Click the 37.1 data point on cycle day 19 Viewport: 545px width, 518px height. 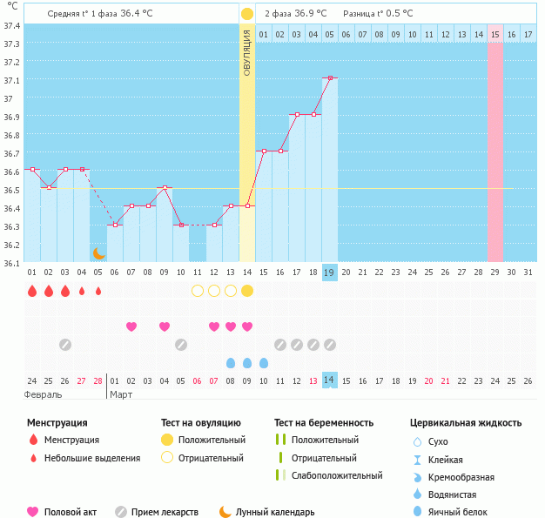330,78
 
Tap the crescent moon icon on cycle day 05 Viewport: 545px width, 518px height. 99,253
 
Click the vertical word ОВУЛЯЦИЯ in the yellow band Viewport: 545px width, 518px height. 247,51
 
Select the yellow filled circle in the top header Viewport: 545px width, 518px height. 247,14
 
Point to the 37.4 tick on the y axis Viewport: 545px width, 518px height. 11,25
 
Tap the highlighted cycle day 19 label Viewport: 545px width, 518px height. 330,272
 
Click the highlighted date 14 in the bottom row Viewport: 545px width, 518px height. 330,380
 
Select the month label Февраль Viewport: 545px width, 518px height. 44,394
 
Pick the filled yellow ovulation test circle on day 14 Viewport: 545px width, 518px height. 247,290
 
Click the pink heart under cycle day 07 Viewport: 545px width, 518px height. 214,326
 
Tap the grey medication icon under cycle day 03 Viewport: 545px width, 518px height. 65,345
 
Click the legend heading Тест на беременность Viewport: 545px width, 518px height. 323,422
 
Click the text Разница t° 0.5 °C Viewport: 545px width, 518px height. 378,14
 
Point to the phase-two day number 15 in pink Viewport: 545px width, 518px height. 495,34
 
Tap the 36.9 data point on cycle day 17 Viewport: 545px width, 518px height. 297,114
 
